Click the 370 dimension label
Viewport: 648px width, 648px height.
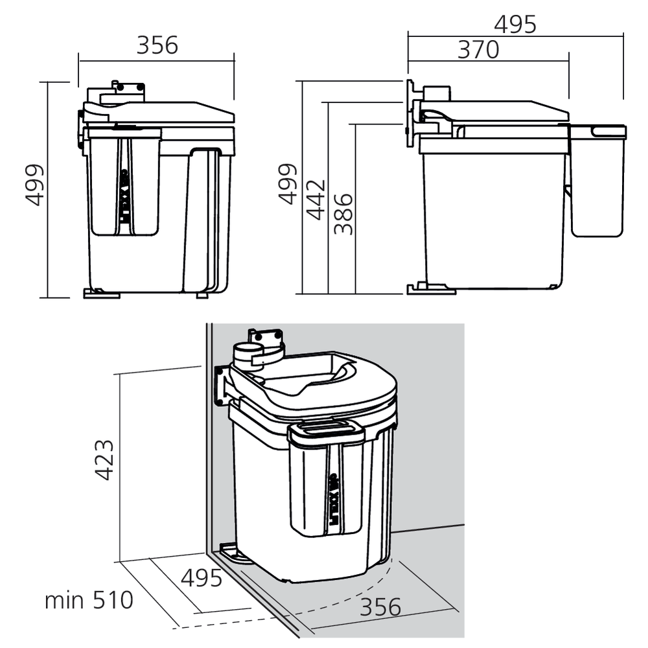(x=478, y=49)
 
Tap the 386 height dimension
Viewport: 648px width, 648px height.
(x=344, y=213)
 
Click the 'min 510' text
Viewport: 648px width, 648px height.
(x=89, y=600)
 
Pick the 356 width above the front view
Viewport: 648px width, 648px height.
(x=157, y=45)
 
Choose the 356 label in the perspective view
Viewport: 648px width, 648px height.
(x=380, y=607)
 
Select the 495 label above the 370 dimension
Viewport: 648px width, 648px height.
(x=515, y=24)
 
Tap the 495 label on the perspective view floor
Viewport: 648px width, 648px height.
(x=202, y=578)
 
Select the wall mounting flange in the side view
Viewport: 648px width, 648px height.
(x=411, y=117)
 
